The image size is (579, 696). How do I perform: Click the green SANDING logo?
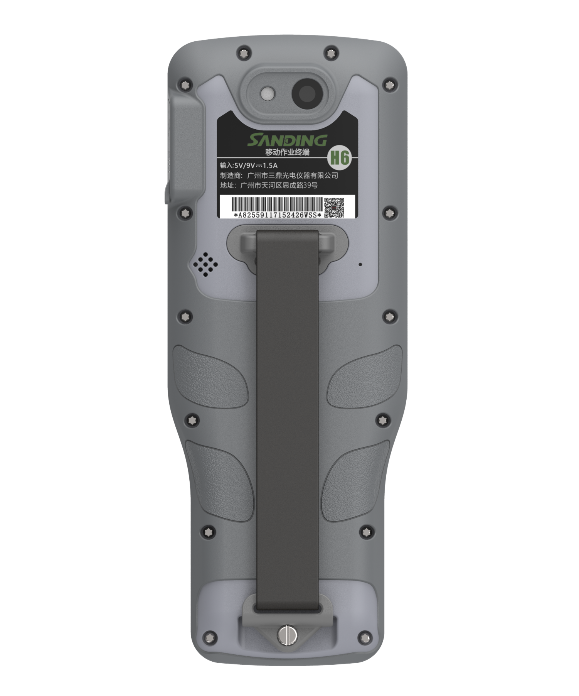tap(287, 140)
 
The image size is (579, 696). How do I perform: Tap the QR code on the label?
tap(333, 207)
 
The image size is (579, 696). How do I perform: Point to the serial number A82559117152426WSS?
tap(278, 215)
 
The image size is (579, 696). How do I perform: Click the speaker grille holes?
tap(205, 264)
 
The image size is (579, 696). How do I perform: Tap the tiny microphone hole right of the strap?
tap(360, 264)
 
